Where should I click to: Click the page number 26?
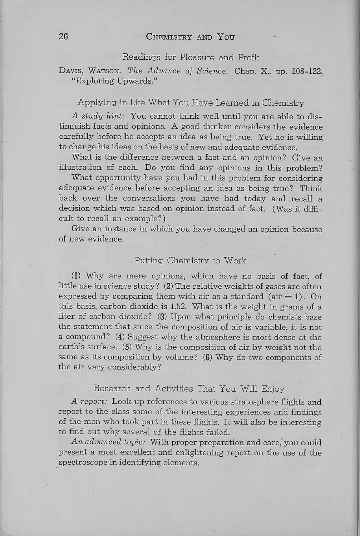tap(63, 37)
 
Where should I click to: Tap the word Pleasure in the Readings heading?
tap(198, 57)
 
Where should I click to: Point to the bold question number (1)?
tap(77, 276)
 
